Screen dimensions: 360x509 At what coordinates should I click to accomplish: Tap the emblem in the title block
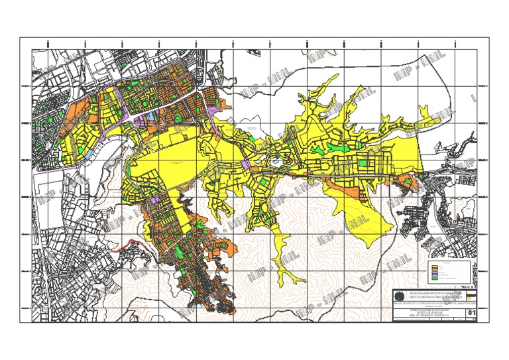(398, 296)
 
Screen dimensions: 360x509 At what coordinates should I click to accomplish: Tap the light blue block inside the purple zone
(148, 116)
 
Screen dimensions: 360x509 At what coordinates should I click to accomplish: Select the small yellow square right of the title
(471, 296)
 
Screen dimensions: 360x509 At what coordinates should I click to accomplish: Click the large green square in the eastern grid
(363, 162)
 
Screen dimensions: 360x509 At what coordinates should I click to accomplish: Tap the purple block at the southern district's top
(157, 198)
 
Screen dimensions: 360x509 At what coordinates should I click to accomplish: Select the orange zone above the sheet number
(471, 304)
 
